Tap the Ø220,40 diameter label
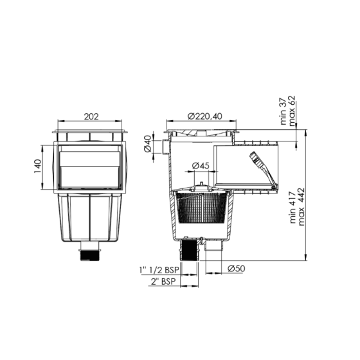204,116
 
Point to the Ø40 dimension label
147,143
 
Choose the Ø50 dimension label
235,268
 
